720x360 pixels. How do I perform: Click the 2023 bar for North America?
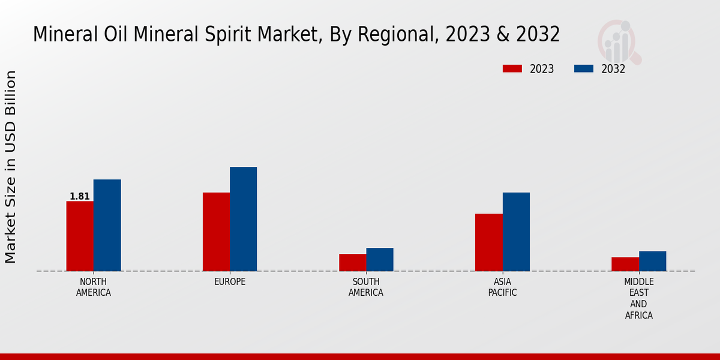click(x=80, y=236)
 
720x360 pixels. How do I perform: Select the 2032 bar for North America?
click(x=107, y=225)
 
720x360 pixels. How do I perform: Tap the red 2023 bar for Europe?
click(x=216, y=232)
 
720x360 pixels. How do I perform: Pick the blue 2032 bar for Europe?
click(x=243, y=219)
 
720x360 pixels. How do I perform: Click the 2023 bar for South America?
click(x=352, y=262)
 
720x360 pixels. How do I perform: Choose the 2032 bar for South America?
click(x=380, y=259)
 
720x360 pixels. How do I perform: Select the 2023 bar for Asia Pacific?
click(x=488, y=242)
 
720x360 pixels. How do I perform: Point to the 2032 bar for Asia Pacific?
click(x=516, y=232)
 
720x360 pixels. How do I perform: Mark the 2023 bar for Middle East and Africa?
click(x=625, y=264)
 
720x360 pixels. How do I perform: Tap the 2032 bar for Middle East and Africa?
click(x=652, y=261)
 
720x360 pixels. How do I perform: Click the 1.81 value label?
click(x=80, y=196)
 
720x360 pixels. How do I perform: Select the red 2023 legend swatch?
click(x=512, y=68)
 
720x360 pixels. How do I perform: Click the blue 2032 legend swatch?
click(x=583, y=68)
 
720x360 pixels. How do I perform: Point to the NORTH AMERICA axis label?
click(x=94, y=287)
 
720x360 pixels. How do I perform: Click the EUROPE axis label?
click(x=230, y=282)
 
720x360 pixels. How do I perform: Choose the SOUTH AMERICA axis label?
click(x=366, y=287)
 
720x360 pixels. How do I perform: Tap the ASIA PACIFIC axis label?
click(x=502, y=287)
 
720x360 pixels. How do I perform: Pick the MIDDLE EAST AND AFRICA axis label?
click(x=639, y=299)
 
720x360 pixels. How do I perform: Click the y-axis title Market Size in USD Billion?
click(x=11, y=167)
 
